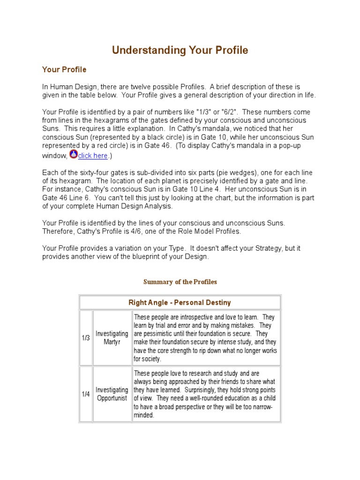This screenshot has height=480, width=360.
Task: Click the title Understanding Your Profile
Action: pyautogui.click(x=180, y=51)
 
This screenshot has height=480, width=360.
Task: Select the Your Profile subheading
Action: pyautogui.click(x=64, y=70)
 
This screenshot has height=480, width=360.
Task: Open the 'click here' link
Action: pyautogui.click(x=93, y=156)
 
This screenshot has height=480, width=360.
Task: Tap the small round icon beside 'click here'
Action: pyautogui.click(x=73, y=154)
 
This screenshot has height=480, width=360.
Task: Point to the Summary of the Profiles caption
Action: pyautogui.click(x=180, y=282)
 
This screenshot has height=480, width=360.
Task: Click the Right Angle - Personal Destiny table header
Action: pyautogui.click(x=180, y=302)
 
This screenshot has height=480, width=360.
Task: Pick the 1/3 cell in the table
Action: pyautogui.click(x=86, y=338)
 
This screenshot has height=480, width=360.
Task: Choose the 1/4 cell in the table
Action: pyautogui.click(x=86, y=394)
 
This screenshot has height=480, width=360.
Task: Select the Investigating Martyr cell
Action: pyautogui.click(x=112, y=338)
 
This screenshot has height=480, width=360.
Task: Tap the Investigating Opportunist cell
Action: pyautogui.click(x=112, y=394)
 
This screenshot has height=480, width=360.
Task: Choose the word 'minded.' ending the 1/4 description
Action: pyautogui.click(x=144, y=415)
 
